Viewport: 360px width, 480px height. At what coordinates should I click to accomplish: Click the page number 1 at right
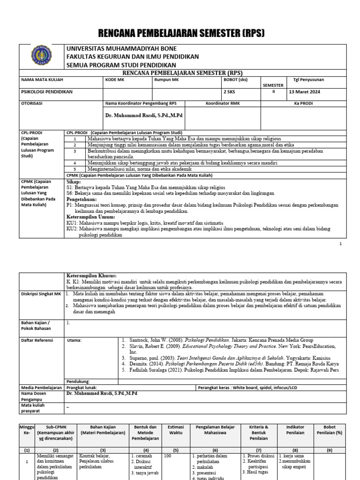click(x=341, y=244)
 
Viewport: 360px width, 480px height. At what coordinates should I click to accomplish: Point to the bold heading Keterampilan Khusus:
click(x=91, y=276)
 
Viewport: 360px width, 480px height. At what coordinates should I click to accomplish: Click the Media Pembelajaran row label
click(x=41, y=388)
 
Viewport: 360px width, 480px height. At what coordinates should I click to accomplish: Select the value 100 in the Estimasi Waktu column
click(x=167, y=455)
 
